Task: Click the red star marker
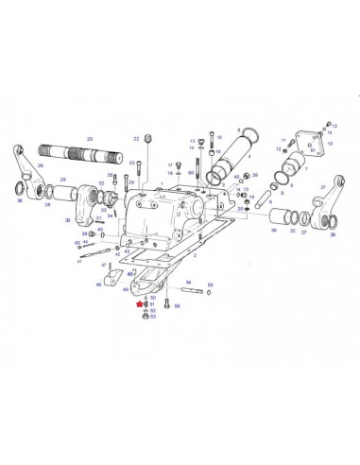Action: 138,304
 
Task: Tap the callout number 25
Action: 90,139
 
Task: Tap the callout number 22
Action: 136,139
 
